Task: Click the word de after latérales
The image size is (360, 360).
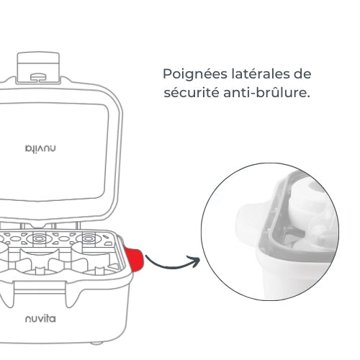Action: (302, 75)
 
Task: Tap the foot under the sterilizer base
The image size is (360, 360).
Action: (108, 338)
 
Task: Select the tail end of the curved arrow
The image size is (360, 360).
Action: (148, 257)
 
